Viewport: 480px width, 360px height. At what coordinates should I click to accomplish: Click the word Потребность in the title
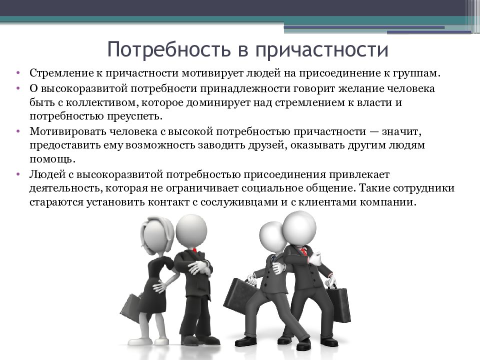(x=168, y=49)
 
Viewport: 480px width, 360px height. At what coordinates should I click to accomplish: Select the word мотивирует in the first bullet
(x=211, y=73)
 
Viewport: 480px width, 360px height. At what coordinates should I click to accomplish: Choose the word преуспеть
(x=134, y=116)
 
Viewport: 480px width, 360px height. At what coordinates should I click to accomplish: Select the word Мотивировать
(x=67, y=131)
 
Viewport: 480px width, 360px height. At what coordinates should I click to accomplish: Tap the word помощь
(x=52, y=159)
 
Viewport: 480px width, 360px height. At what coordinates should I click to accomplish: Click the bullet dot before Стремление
(x=18, y=73)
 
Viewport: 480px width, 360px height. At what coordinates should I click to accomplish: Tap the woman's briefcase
(x=131, y=308)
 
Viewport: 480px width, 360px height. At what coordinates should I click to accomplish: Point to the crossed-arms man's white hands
(x=199, y=268)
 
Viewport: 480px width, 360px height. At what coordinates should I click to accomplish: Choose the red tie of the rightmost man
(x=303, y=251)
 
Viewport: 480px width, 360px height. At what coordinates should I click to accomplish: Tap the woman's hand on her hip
(x=159, y=287)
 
